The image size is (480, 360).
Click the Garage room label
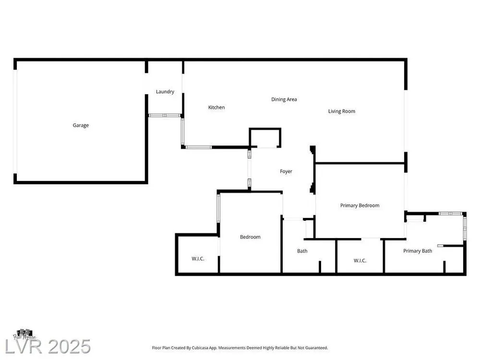(81, 125)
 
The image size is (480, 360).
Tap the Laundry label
(165, 92)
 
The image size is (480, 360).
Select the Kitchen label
(216, 108)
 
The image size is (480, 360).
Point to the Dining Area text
(284, 99)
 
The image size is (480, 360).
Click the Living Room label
(342, 111)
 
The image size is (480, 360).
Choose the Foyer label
(286, 171)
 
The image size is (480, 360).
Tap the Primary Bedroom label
(360, 205)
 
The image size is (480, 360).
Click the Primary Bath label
(418, 251)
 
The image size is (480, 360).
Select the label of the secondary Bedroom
(250, 237)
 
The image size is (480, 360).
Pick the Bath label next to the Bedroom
(302, 251)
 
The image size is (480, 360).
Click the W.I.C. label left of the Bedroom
(198, 259)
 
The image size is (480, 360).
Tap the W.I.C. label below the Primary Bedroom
(360, 261)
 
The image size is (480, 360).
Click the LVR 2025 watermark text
(48, 347)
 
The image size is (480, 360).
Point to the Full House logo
(24, 334)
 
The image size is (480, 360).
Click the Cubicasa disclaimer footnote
(240, 348)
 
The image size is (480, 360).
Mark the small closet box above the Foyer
(265, 138)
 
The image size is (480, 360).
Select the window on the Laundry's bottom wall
(164, 115)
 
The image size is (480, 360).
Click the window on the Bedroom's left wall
(218, 208)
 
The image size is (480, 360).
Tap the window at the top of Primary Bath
(450, 214)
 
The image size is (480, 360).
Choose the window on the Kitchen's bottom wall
(199, 147)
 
